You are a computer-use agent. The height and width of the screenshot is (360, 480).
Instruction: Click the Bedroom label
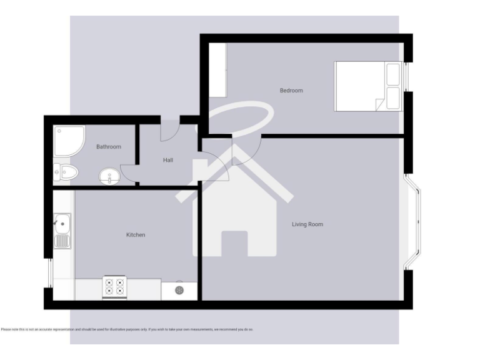pos(291,91)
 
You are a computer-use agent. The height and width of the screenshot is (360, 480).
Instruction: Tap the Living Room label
pos(307,224)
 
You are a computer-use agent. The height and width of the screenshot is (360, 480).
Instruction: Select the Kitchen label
pos(136,235)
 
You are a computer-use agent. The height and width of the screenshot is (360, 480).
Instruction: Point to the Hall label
pos(168,160)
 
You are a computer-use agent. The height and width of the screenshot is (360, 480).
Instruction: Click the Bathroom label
pos(109,147)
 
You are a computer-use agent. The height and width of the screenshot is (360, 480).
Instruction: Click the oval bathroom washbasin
pos(109,177)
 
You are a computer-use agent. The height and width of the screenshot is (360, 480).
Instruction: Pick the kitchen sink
pos(62,230)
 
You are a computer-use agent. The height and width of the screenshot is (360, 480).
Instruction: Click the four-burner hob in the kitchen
pos(114,287)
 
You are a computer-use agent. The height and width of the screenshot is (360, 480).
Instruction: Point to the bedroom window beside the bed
pos(407,76)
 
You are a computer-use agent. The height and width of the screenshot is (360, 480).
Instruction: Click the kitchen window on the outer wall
pos(49,273)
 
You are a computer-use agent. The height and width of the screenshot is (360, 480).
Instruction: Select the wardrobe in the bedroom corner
pos(217,69)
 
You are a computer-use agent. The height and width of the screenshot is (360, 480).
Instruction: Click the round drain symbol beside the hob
pos(179,290)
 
